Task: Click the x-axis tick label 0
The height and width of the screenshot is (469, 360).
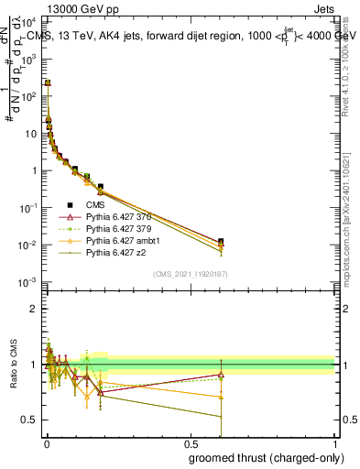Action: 46,442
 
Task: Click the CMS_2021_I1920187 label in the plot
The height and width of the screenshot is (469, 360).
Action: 190,274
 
